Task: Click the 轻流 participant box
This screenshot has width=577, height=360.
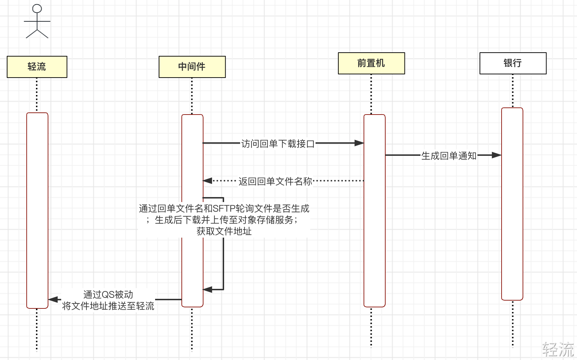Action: click(x=37, y=67)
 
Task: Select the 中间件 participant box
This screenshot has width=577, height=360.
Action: click(x=192, y=67)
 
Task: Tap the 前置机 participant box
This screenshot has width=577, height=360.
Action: click(x=371, y=63)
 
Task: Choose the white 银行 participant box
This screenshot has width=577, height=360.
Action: click(x=513, y=63)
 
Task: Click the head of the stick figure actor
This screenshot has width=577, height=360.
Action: click(x=37, y=9)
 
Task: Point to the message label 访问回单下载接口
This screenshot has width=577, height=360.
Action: click(x=278, y=144)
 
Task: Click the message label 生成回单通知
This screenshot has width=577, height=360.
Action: click(x=449, y=156)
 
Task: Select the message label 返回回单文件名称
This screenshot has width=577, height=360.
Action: click(x=275, y=181)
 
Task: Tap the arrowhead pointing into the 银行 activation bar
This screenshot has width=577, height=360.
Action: click(x=497, y=155)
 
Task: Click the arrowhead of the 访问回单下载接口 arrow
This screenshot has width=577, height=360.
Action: click(x=359, y=143)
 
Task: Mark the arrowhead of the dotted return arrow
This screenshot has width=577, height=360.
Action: click(x=207, y=181)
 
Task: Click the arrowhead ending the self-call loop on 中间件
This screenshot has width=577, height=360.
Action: click(x=207, y=290)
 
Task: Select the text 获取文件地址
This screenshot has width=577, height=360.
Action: click(x=224, y=231)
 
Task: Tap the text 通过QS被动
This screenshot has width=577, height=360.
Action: click(x=108, y=294)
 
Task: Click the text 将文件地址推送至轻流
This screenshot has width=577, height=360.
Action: click(x=108, y=306)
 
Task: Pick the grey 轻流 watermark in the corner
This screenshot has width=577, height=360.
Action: click(x=558, y=349)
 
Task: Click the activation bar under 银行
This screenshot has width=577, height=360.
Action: click(x=512, y=204)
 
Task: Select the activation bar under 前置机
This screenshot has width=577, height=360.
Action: click(x=375, y=211)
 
